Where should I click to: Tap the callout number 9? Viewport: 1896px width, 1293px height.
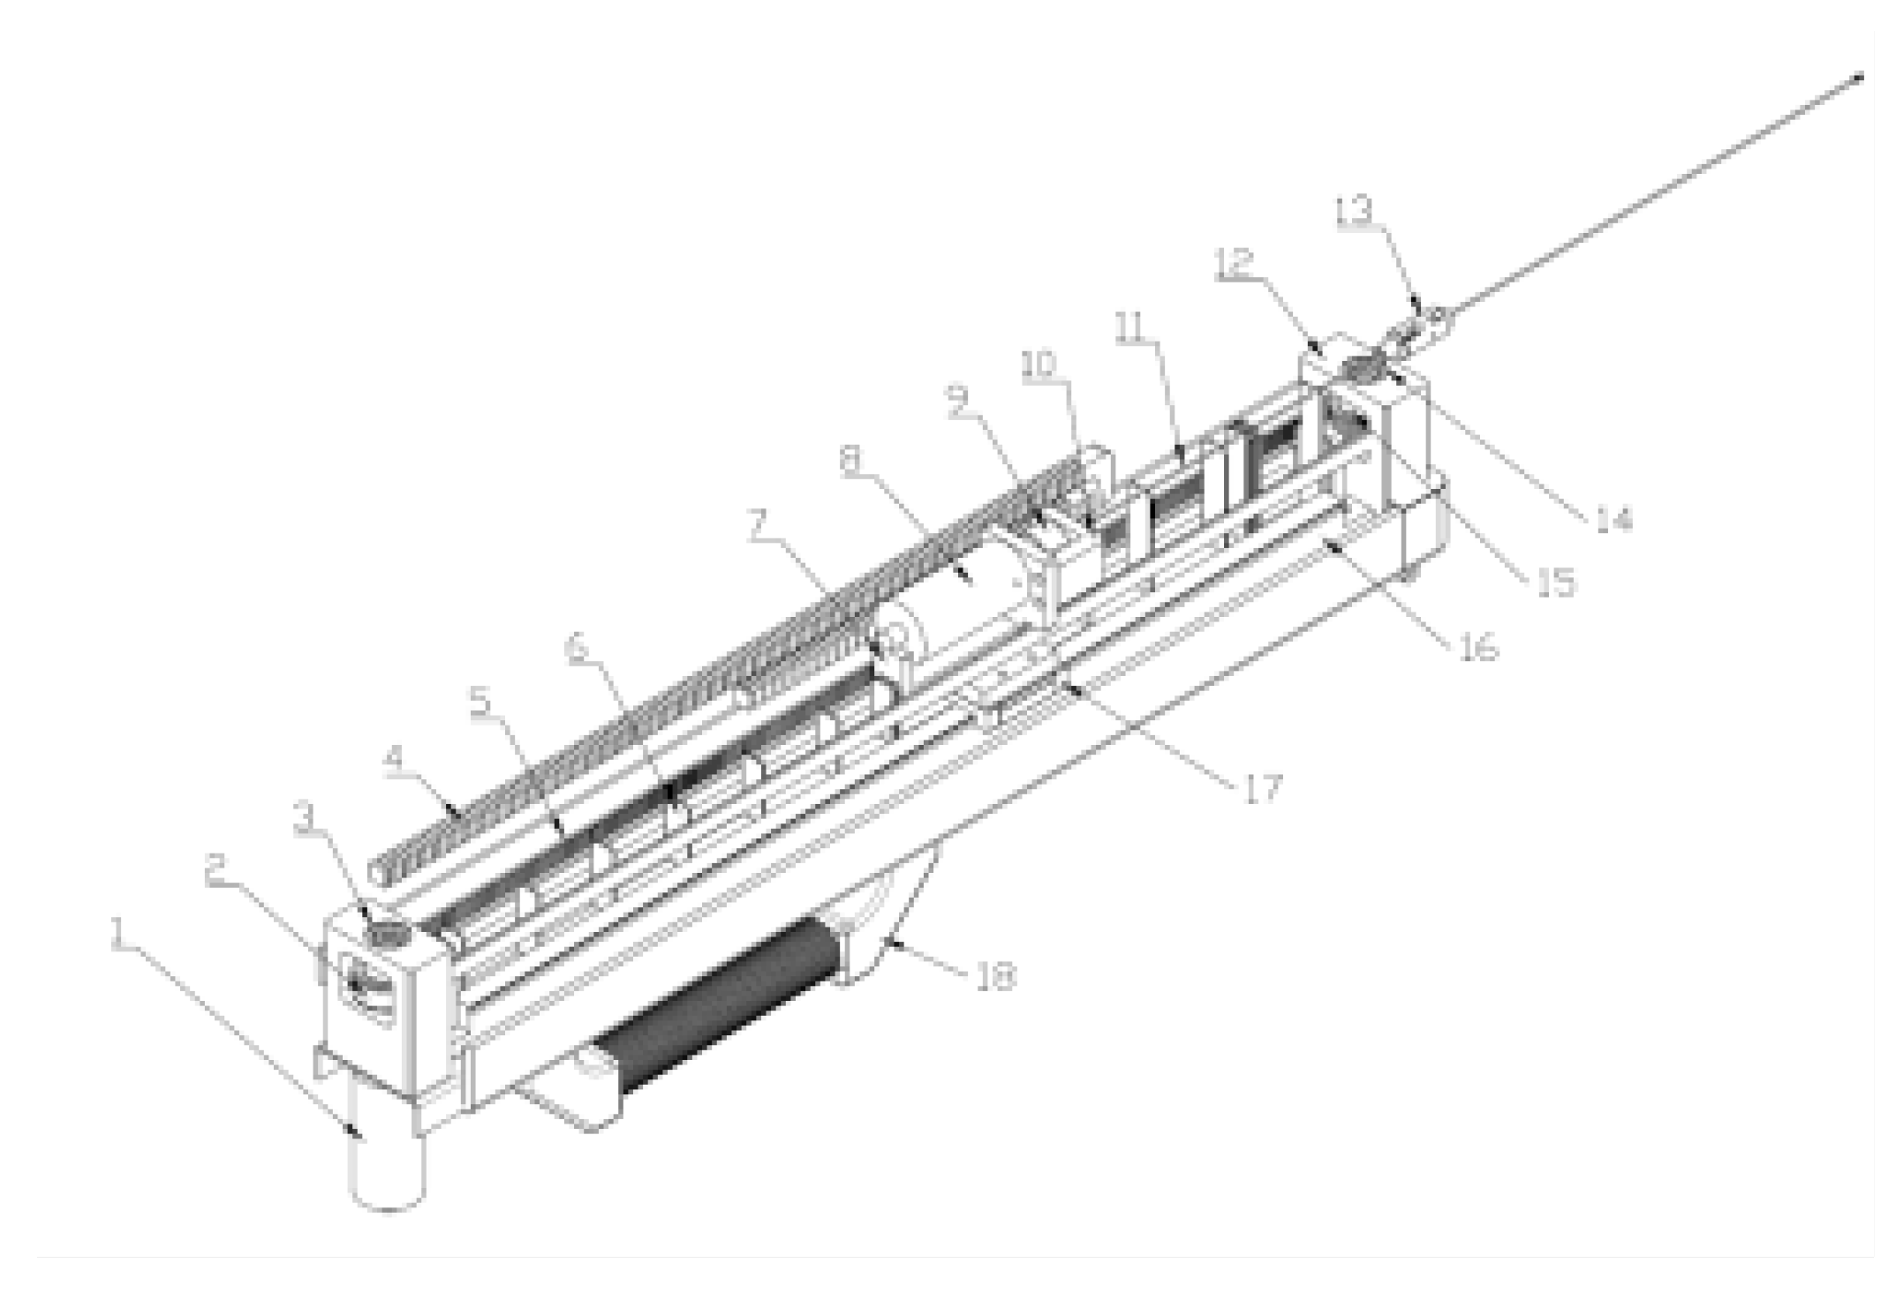click(958, 402)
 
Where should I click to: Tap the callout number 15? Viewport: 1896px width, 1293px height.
click(1556, 582)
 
